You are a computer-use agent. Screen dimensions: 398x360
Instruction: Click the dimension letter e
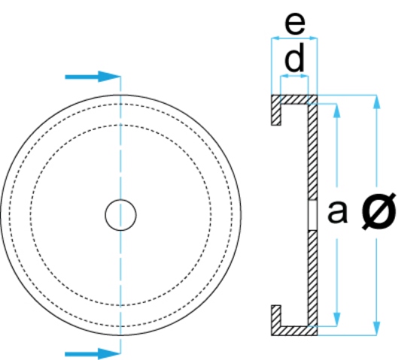click(295, 23)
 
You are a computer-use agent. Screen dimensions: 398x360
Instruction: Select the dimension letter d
click(294, 57)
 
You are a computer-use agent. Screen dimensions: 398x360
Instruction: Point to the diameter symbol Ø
click(378, 211)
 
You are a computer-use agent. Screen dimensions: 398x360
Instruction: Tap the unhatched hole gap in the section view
click(313, 215)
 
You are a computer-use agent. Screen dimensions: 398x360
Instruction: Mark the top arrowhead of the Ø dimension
click(377, 102)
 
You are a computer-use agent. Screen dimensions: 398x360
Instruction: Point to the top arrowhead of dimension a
click(336, 110)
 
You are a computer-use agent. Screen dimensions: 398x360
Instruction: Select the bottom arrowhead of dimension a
click(336, 319)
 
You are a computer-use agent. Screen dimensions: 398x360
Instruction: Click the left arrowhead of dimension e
click(275, 38)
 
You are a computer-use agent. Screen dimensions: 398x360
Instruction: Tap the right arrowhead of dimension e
click(313, 38)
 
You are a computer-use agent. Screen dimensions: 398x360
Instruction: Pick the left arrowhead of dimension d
click(284, 76)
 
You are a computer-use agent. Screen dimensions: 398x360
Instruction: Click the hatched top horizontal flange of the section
click(294, 99)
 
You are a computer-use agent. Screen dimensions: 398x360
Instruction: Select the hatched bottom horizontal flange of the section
click(294, 331)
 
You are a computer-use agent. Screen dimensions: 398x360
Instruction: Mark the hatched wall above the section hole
click(313, 152)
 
